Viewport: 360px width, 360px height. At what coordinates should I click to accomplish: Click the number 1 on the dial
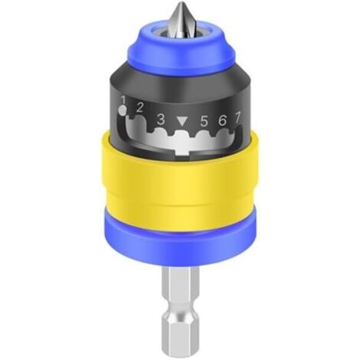124,99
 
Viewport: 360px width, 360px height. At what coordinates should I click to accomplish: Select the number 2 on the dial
139,108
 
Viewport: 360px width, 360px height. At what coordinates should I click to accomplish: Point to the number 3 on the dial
161,119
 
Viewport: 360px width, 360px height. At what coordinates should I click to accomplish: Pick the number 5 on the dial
204,121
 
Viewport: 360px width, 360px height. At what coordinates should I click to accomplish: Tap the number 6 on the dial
222,120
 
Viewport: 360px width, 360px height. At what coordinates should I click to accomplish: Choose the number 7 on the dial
237,118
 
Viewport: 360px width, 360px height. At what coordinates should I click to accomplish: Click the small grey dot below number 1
123,110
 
